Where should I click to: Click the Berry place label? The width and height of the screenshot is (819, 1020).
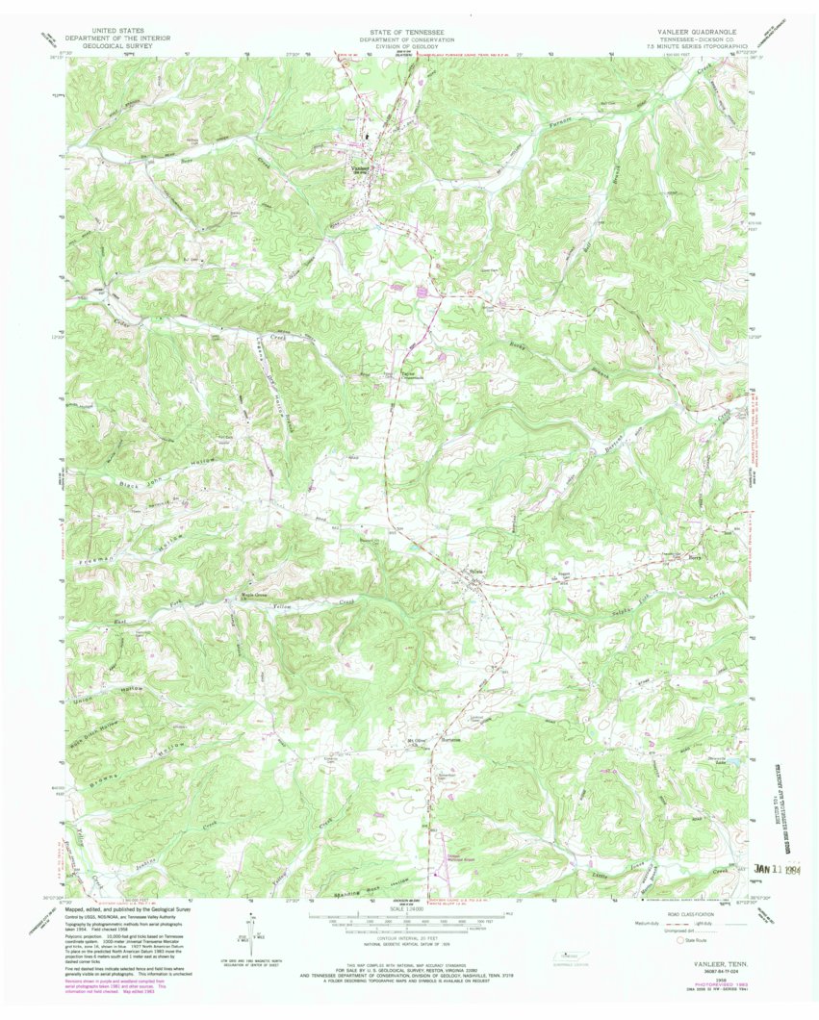696,557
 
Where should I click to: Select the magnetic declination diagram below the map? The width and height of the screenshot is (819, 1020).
245,938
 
